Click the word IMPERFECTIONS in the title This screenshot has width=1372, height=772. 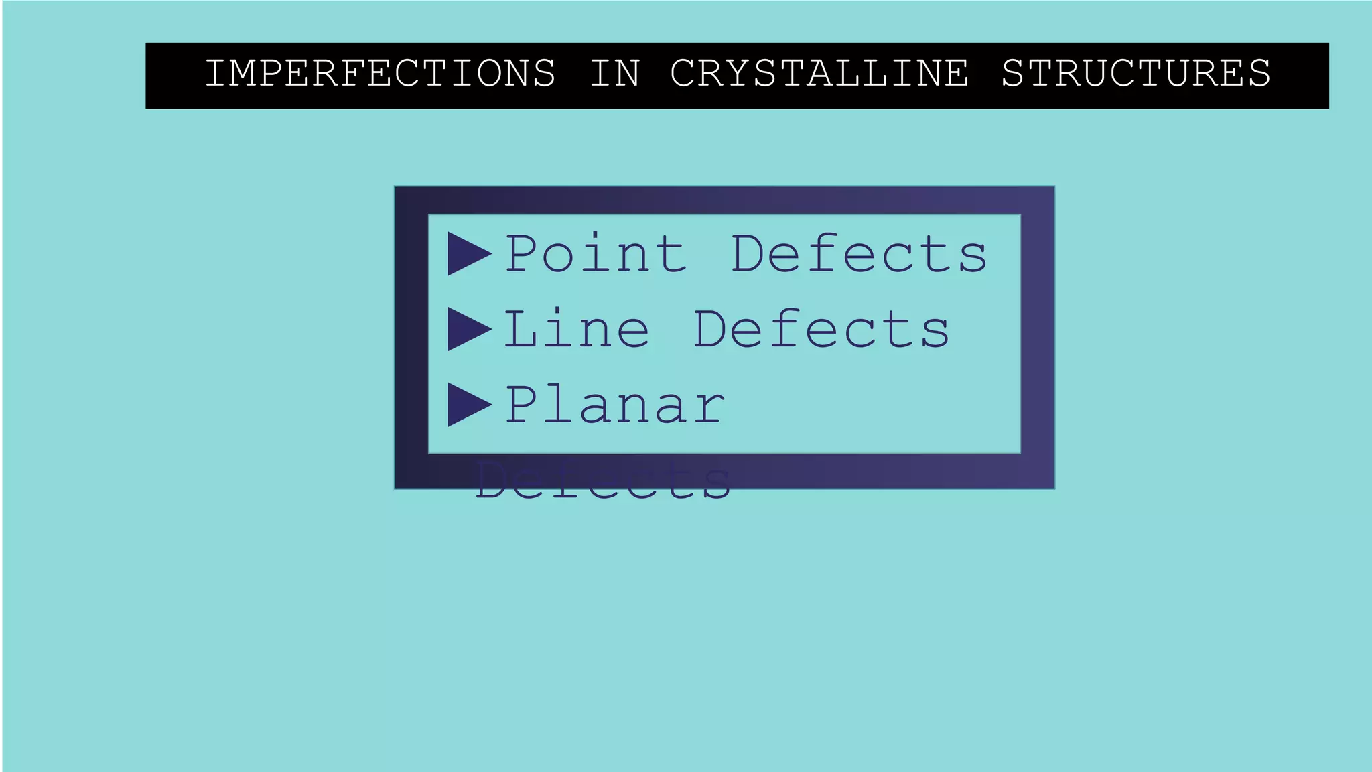pyautogui.click(x=380, y=73)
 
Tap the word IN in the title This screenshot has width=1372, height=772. pyautogui.click(x=615, y=73)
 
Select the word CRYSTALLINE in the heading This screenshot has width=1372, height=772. pyautogui.click(x=819, y=73)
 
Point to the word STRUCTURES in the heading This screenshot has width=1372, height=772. pyautogui.click(x=1136, y=73)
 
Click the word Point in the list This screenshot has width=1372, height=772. pyautogui.click(x=596, y=254)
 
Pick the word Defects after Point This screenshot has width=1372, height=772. pyautogui.click(x=859, y=254)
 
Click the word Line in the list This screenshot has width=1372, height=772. pyautogui.click(x=576, y=329)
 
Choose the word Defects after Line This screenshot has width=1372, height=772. pyautogui.click(x=821, y=329)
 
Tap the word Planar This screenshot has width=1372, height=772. pyautogui.click(x=614, y=405)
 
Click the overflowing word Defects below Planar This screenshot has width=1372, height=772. pyautogui.click(x=603, y=481)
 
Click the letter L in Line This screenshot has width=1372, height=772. pyautogui.click(x=521, y=329)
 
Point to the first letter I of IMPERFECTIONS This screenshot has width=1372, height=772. pyautogui.click(x=214, y=73)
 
